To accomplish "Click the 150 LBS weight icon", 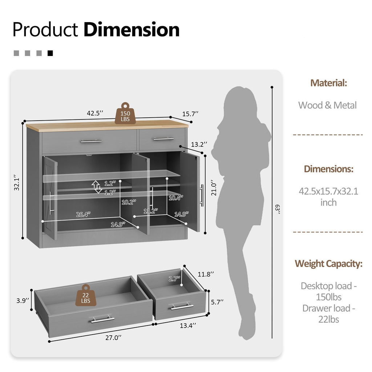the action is point(125,113).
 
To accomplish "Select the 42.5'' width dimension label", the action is point(95,113).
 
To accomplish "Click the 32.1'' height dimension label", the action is point(17,183).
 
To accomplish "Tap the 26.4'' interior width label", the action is point(83,214).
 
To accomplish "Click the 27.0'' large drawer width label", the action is point(113,337).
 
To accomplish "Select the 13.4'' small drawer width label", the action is point(188,325).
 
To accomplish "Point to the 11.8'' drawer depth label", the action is point(206,274).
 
